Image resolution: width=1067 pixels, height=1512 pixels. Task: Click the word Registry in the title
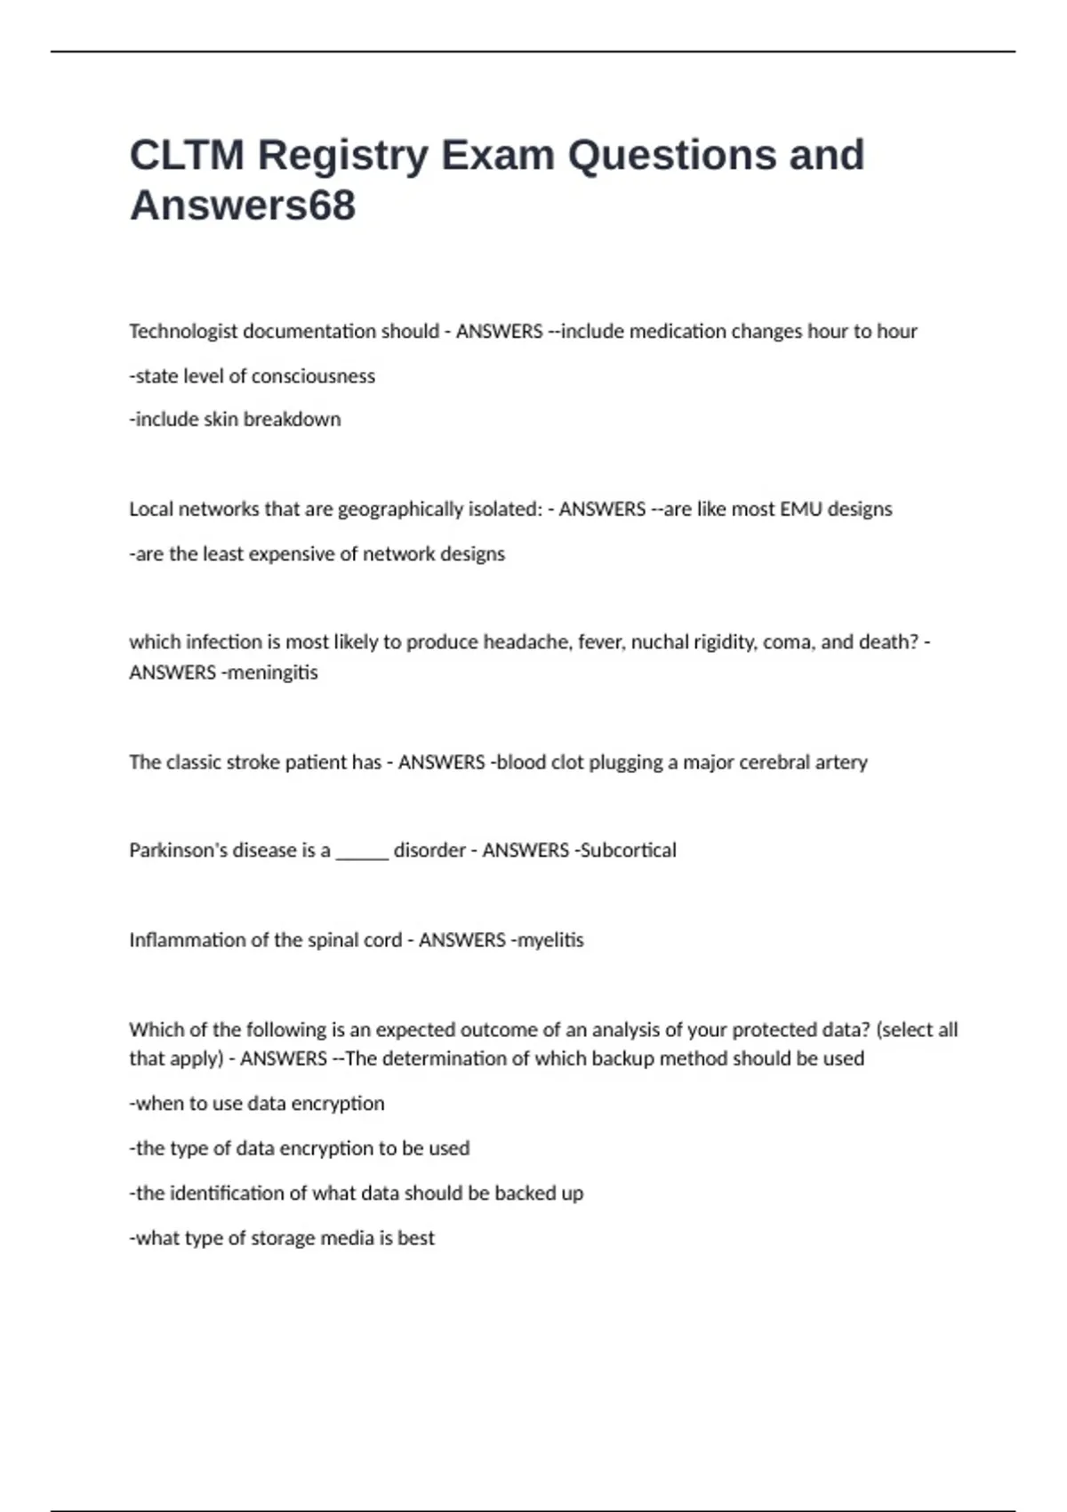point(342,156)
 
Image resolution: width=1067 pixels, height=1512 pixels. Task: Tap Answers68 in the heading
point(243,205)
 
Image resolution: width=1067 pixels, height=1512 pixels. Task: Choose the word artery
point(841,762)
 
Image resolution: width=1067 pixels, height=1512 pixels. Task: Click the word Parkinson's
point(178,850)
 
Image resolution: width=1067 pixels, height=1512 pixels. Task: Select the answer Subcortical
point(628,850)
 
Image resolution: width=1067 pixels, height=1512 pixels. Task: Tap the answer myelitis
point(550,940)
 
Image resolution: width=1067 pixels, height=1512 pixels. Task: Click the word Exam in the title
point(498,156)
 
